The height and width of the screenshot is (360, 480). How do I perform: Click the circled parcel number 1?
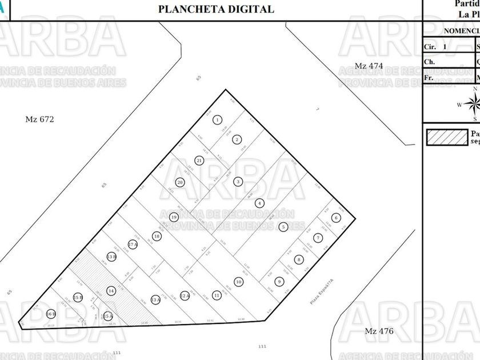tap(218, 120)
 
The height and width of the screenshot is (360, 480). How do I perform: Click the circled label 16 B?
tap(51, 314)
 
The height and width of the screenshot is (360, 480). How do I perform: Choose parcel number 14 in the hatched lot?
tap(111, 290)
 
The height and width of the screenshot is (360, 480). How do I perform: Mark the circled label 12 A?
tap(185, 295)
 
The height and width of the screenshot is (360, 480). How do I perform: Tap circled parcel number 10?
tap(238, 281)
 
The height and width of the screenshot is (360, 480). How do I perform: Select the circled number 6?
tap(336, 218)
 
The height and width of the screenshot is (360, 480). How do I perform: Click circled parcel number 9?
tap(279, 281)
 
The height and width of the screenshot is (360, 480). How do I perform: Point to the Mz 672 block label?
tap(42, 119)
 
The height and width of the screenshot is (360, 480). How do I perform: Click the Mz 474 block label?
tap(369, 66)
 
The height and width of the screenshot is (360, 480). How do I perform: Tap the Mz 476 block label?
tap(379, 331)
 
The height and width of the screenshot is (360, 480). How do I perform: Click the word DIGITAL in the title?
tap(247, 9)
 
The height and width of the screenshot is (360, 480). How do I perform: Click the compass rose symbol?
tap(473, 104)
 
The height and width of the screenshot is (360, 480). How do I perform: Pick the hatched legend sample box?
tap(446, 137)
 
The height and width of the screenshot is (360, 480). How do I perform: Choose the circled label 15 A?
tap(108, 315)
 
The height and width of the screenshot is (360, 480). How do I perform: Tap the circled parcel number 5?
tap(283, 227)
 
